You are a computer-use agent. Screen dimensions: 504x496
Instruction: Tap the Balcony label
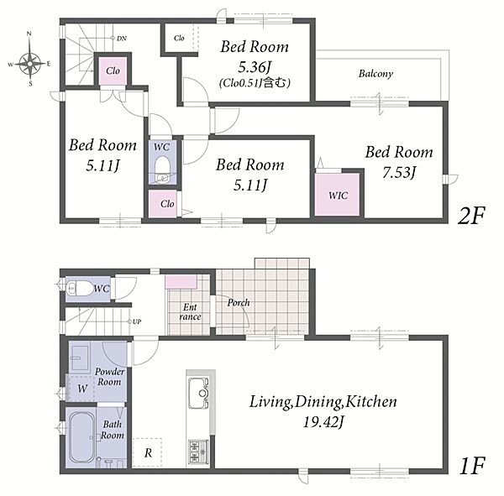pos(375,74)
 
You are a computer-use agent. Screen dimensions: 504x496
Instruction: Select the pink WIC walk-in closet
pos(337,195)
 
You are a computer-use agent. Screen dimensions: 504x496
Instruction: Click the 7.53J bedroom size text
pos(399,173)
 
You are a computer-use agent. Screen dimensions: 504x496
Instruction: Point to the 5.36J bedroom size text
pos(255,67)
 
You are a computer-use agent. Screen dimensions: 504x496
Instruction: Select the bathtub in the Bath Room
pos(82,437)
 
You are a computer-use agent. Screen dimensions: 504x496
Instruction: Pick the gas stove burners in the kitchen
pos(198,452)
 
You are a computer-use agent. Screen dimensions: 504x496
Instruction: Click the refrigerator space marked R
pos(147,452)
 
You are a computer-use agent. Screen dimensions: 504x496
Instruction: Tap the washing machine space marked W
pos(82,388)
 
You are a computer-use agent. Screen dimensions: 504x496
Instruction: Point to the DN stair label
pos(122,39)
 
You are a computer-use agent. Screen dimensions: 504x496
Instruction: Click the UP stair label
pos(137,321)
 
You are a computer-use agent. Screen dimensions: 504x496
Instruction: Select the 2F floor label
pos(471,216)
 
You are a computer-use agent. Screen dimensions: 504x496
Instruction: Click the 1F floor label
pos(472,466)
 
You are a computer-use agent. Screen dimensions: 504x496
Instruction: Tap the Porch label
pos(239,302)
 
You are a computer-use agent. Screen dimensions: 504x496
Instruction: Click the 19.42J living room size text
pos(323,422)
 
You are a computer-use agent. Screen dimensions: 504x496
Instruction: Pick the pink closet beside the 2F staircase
pos(113,70)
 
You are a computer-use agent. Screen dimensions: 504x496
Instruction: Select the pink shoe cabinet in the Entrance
pos(181,282)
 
